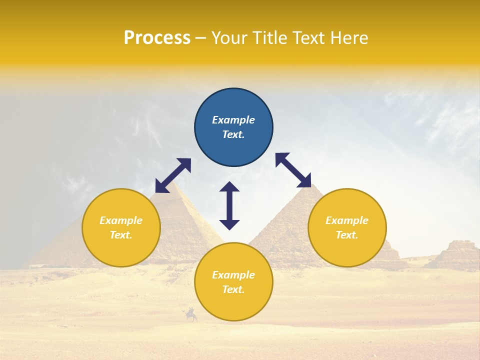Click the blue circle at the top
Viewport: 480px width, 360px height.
233,127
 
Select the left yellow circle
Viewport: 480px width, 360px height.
121,227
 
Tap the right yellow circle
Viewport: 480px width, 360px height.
347,227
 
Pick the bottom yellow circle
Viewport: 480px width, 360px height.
233,282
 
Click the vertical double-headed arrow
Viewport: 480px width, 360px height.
229,205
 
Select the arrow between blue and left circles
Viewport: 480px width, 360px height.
173,175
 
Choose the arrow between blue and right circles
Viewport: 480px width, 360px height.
293,170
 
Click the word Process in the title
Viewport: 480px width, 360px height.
157,38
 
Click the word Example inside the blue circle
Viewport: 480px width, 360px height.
233,120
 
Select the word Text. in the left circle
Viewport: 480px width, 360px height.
121,235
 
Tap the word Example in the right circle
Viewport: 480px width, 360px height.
347,220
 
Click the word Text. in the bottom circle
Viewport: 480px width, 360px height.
233,289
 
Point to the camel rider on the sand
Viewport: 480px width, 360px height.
190,315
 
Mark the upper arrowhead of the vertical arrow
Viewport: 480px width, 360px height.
229,186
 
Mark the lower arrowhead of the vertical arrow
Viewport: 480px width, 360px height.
229,224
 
